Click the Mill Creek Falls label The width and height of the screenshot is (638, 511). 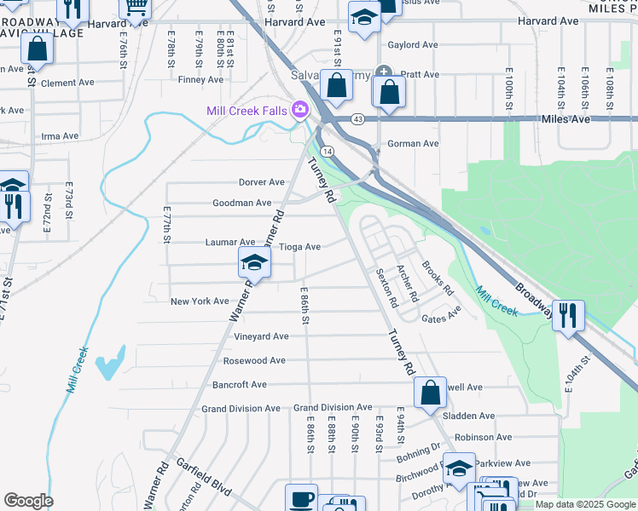point(246,111)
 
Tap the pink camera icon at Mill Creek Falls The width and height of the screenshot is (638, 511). point(299,110)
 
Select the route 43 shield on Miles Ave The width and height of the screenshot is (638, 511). point(357,118)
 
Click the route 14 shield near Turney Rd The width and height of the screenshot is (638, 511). point(328,151)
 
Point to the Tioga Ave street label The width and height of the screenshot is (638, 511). point(300,247)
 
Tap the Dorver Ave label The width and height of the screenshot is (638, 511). point(262,182)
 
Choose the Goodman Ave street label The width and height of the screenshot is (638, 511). point(241,203)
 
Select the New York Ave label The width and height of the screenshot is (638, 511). point(200,301)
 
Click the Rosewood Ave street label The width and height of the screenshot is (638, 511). point(254,360)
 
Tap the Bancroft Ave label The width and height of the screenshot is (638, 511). point(240,385)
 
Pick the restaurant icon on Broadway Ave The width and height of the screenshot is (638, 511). point(567,314)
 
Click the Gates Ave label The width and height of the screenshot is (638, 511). point(441,316)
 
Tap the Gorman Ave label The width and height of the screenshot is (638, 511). point(413,144)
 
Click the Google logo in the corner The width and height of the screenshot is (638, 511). point(28,501)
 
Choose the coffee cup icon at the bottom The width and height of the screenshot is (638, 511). point(301,499)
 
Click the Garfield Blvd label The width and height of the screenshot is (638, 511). point(205,478)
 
